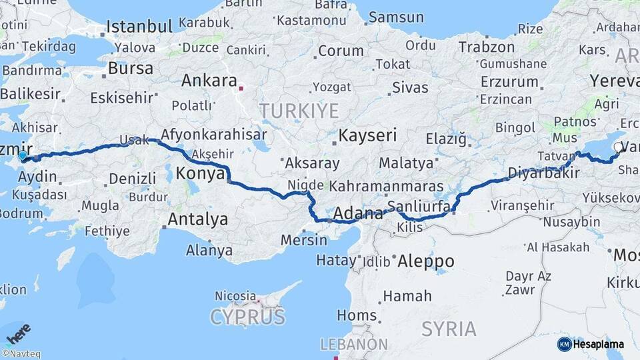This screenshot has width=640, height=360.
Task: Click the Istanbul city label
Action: (x=139, y=27)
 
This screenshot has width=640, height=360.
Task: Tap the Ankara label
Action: (x=209, y=81)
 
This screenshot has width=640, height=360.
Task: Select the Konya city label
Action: (x=200, y=175)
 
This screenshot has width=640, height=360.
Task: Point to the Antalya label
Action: (x=197, y=219)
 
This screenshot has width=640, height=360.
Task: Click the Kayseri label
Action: (x=367, y=136)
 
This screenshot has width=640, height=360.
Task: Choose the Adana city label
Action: (x=357, y=214)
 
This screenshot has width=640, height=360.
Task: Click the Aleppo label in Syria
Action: (x=425, y=261)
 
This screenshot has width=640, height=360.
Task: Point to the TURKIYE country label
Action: (x=299, y=111)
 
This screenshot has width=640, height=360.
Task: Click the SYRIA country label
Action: (x=449, y=329)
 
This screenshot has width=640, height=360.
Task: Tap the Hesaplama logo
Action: (x=591, y=344)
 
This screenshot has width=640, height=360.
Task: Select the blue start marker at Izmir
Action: (x=23, y=156)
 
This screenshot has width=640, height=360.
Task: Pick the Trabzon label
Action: (x=487, y=47)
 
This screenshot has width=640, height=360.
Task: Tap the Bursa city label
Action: (x=130, y=68)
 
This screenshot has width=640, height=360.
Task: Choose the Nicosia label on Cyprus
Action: (x=235, y=295)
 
